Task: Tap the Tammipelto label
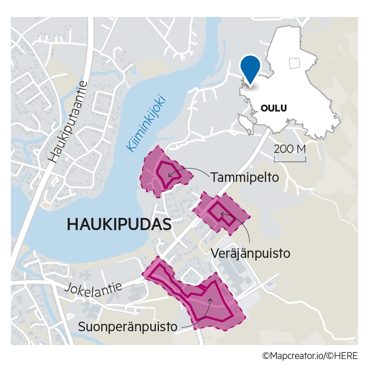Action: pyautogui.click(x=244, y=177)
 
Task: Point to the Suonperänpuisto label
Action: pyautogui.click(x=128, y=326)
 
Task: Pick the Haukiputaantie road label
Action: pyautogui.click(x=69, y=122)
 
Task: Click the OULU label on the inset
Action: pyautogui.click(x=273, y=108)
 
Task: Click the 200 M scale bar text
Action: pyautogui.click(x=290, y=149)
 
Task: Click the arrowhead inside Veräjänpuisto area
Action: pyautogui.click(x=223, y=214)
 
